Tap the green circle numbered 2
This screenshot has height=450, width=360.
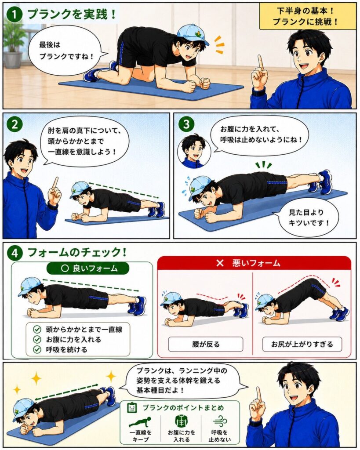[15, 124]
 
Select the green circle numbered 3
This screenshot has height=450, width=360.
[186, 125]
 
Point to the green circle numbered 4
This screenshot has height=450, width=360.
[15, 254]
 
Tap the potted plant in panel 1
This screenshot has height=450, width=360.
[13, 46]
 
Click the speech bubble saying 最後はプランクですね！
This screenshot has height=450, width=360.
[67, 51]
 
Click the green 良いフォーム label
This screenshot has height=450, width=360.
[88, 269]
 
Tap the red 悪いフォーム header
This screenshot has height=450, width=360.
[254, 263]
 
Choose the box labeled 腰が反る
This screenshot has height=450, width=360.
[206, 344]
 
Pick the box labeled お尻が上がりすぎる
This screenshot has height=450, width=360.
[302, 344]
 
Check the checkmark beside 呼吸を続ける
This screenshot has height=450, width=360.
[37, 349]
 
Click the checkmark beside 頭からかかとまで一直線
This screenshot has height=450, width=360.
[37, 329]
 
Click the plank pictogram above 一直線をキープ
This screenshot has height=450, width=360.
[140, 422]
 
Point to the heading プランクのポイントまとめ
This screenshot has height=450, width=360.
[183, 408]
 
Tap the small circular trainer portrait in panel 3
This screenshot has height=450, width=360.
[194, 150]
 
